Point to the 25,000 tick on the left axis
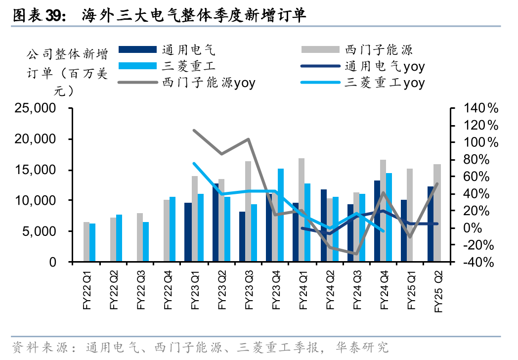tap(35, 108)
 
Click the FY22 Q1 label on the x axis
tap(87, 291)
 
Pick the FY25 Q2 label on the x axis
tap(438, 292)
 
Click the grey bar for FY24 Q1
tap(301, 210)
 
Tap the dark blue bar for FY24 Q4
tap(377, 221)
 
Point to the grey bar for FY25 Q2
tap(437, 213)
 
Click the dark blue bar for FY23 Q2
tap(216, 223)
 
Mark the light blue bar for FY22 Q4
tap(173, 229)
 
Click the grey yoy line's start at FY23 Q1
tap(194, 131)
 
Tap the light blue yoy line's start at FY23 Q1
tap(194, 163)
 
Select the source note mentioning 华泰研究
tap(200, 347)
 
